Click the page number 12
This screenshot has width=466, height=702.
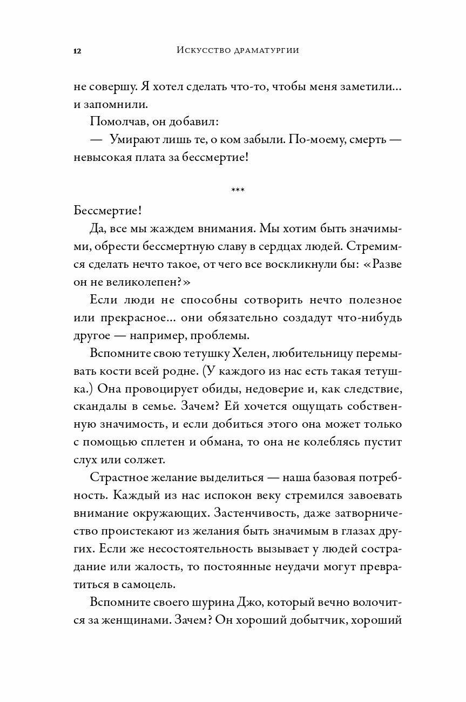point(77,51)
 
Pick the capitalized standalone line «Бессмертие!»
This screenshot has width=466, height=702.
point(107,211)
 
